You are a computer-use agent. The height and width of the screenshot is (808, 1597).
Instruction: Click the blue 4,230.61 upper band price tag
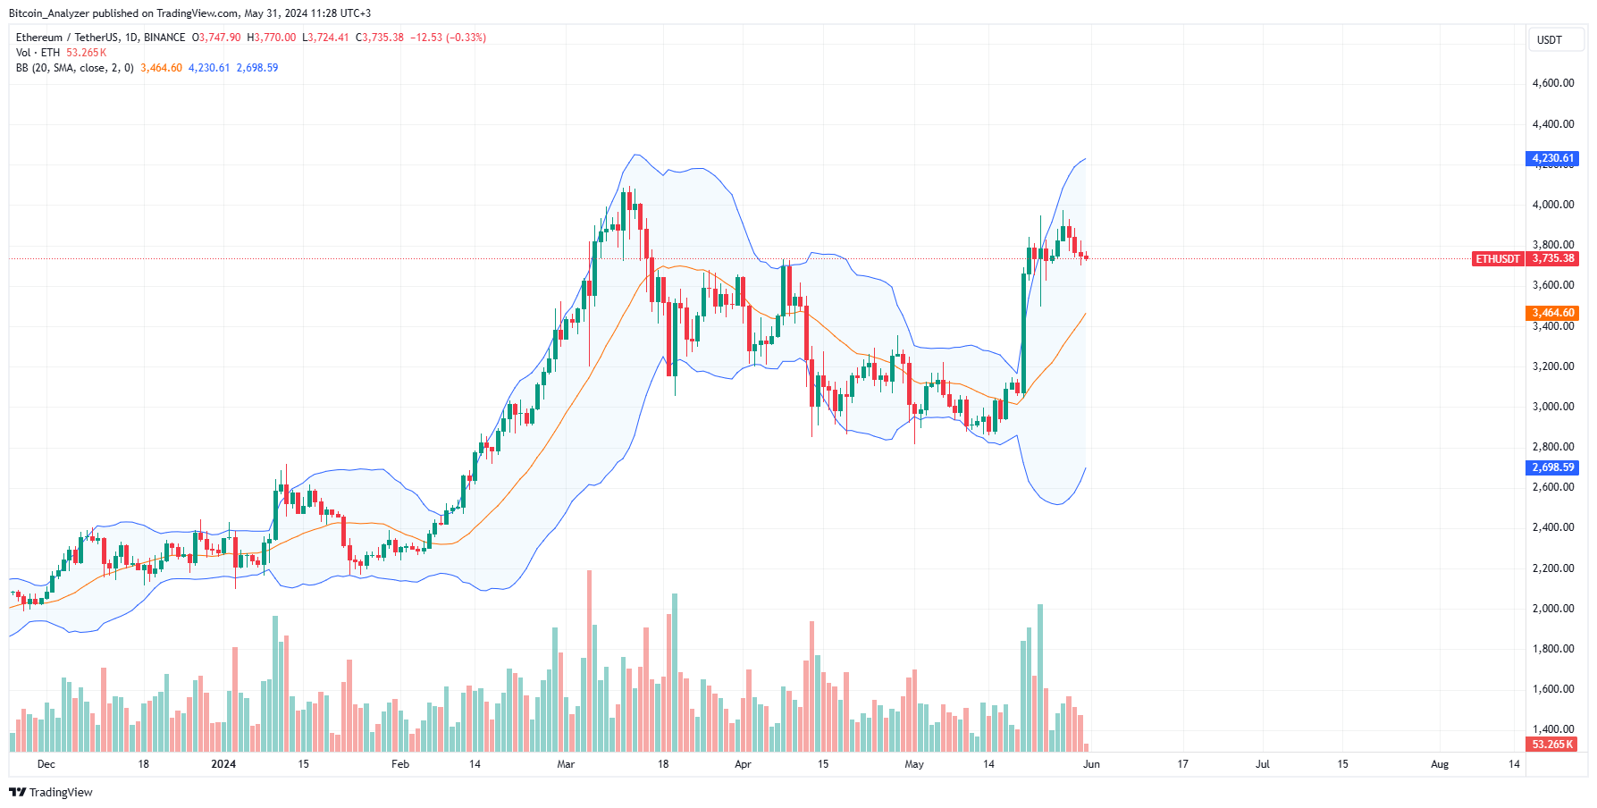click(1551, 158)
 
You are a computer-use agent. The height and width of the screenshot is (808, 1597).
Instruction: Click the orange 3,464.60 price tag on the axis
click(1551, 313)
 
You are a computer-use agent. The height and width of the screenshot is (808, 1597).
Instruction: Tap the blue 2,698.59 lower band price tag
click(1551, 467)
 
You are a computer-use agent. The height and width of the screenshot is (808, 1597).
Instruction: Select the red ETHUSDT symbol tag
click(1497, 259)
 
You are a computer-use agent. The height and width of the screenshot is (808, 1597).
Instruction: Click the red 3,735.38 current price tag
click(1553, 258)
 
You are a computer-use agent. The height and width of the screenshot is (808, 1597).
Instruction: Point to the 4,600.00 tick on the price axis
click(1552, 83)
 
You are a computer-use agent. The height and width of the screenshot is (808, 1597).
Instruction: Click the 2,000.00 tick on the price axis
click(1552, 609)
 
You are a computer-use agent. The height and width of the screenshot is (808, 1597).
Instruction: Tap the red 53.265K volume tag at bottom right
click(1551, 745)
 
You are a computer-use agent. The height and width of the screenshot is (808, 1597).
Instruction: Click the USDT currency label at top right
click(1549, 40)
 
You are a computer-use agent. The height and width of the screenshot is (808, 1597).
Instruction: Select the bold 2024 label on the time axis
click(223, 764)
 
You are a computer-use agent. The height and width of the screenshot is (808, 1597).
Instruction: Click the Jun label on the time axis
click(1091, 764)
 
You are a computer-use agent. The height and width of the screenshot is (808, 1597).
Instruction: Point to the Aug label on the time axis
click(1439, 764)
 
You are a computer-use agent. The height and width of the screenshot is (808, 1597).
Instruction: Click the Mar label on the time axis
click(565, 764)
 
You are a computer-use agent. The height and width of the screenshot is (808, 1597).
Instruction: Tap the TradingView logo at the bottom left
click(51, 792)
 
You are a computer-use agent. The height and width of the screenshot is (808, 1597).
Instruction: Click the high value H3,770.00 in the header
click(271, 38)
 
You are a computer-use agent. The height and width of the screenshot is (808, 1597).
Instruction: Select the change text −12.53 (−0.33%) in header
click(448, 38)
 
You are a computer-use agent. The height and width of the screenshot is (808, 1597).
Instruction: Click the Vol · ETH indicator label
click(38, 53)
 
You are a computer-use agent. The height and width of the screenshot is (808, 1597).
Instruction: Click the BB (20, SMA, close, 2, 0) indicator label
click(75, 68)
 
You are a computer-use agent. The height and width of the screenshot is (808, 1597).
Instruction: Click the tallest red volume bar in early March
click(589, 661)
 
